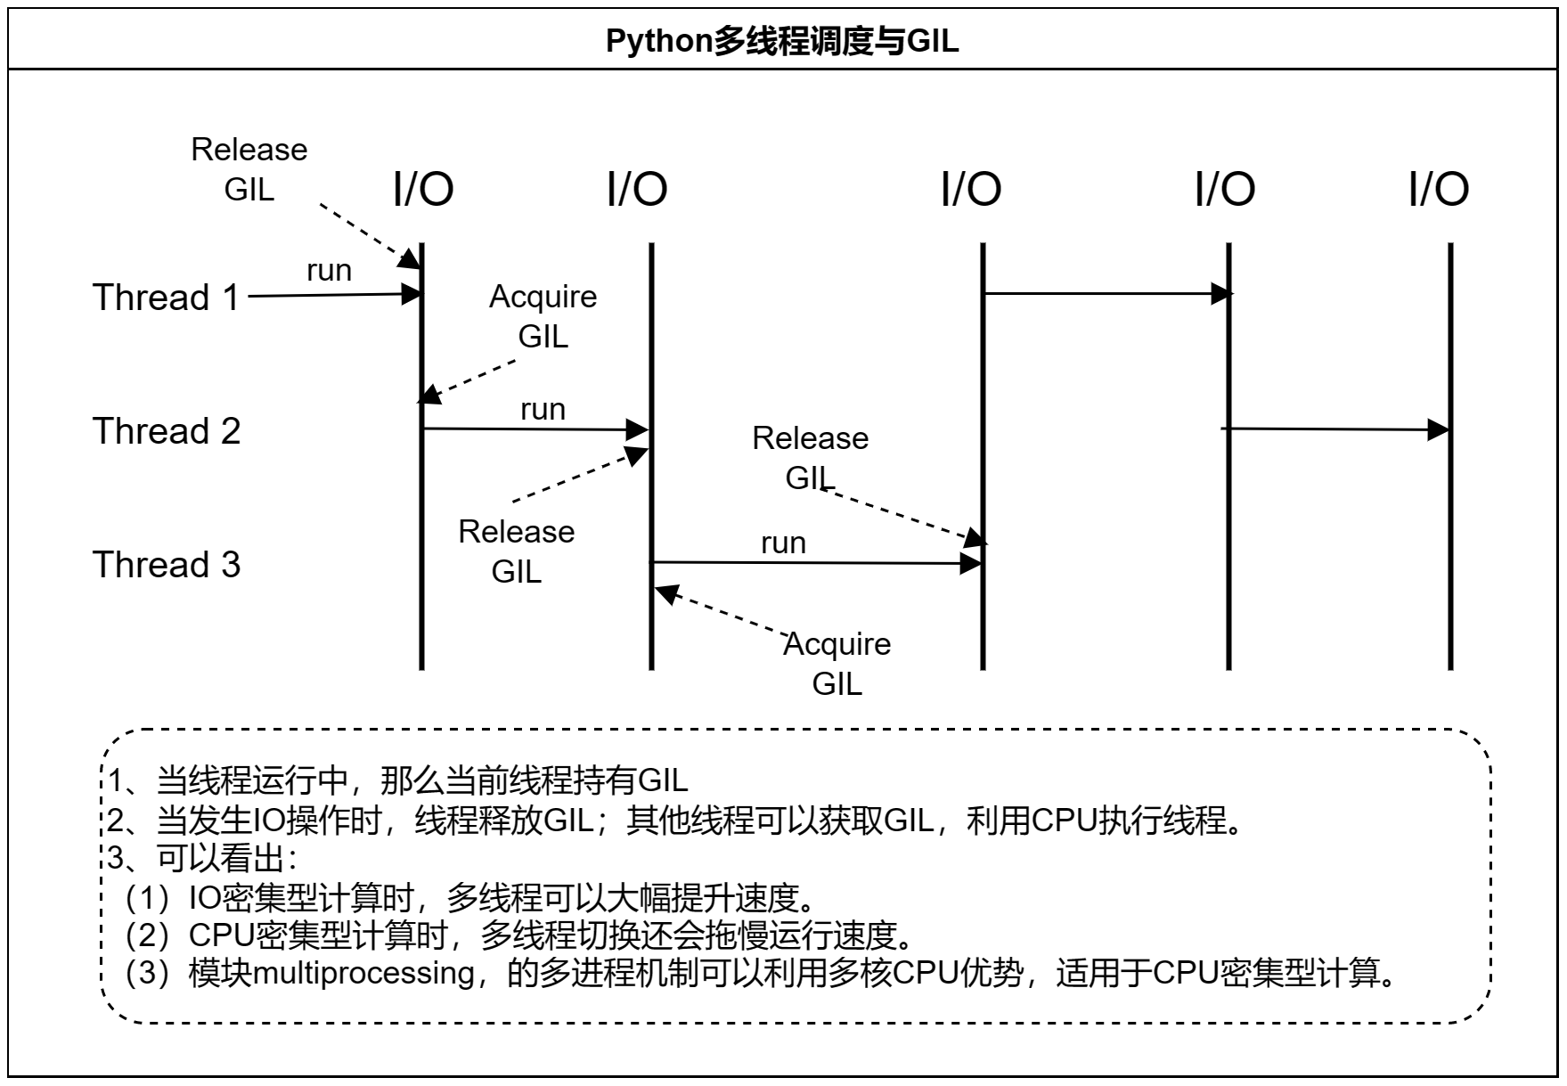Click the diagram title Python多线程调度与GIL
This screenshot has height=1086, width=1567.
click(782, 41)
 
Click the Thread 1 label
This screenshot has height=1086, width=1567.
click(167, 298)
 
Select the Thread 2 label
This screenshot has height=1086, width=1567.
click(167, 431)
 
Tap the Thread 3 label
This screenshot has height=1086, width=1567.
click(167, 565)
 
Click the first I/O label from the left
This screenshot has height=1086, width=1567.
click(423, 189)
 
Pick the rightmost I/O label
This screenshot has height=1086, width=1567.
click(1438, 189)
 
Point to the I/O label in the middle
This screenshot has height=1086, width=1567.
click(971, 189)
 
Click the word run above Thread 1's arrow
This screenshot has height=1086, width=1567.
click(329, 270)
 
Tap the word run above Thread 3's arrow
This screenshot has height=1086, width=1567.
click(783, 543)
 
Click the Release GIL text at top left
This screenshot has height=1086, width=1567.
click(249, 169)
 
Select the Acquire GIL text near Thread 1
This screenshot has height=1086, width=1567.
click(543, 316)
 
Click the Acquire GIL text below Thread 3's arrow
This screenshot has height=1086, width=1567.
click(837, 664)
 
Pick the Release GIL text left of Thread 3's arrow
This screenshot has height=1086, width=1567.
click(516, 551)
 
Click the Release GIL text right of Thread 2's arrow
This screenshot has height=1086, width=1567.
click(810, 458)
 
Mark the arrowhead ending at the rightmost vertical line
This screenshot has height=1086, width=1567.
click(1438, 430)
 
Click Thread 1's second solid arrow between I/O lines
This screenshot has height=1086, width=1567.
click(1105, 293)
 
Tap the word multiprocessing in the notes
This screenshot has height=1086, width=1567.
click(363, 973)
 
